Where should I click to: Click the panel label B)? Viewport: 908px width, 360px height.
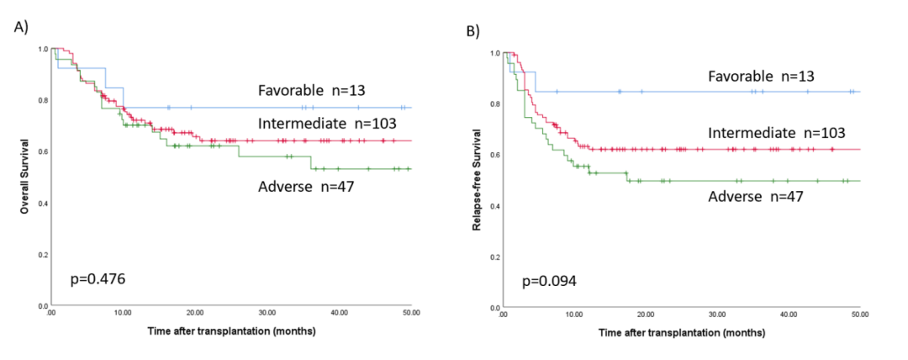coord(473,33)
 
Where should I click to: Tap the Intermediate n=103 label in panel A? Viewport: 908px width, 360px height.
coord(316,124)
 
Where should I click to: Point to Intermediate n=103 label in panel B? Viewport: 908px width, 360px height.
coord(776,132)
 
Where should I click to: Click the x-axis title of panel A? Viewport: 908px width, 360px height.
coord(230,331)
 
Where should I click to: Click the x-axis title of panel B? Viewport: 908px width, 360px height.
coord(682,333)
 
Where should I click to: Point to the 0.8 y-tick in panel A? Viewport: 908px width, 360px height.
coord(42,101)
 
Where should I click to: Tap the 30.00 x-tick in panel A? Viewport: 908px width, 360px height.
coord(267,312)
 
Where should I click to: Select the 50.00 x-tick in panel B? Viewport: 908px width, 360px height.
coord(860,314)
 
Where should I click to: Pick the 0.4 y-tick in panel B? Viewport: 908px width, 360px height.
coord(494,206)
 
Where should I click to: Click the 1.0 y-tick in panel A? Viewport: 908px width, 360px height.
coord(42,50)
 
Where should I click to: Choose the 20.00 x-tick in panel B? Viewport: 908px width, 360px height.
coord(647,314)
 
